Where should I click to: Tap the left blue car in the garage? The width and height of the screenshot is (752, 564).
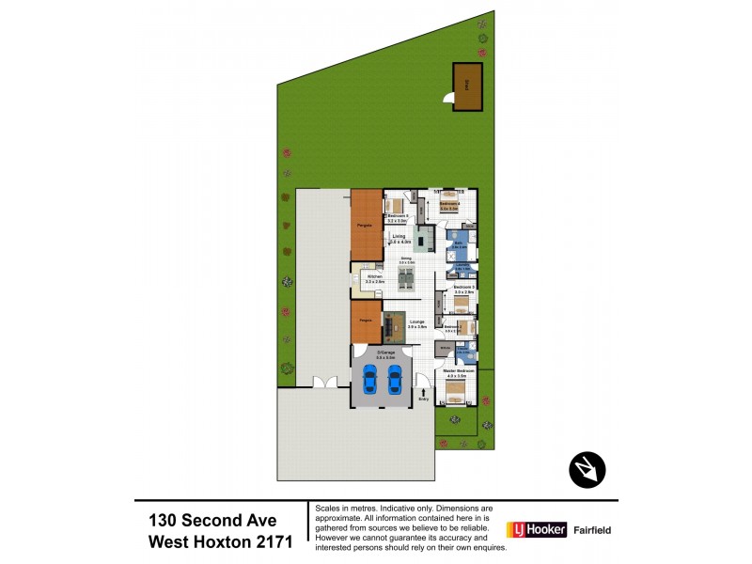(369, 379)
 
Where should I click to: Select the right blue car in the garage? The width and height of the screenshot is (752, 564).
(395, 379)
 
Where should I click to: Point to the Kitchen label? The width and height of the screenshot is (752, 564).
(374, 279)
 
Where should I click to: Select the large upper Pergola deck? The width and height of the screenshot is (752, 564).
(367, 226)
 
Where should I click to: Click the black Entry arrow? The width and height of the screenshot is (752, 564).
(424, 391)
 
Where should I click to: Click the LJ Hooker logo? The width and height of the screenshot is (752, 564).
(538, 529)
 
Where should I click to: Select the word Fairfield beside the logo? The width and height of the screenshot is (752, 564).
(593, 530)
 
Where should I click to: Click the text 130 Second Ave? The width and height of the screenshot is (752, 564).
(212, 520)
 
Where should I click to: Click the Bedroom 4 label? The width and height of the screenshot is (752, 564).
(449, 206)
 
